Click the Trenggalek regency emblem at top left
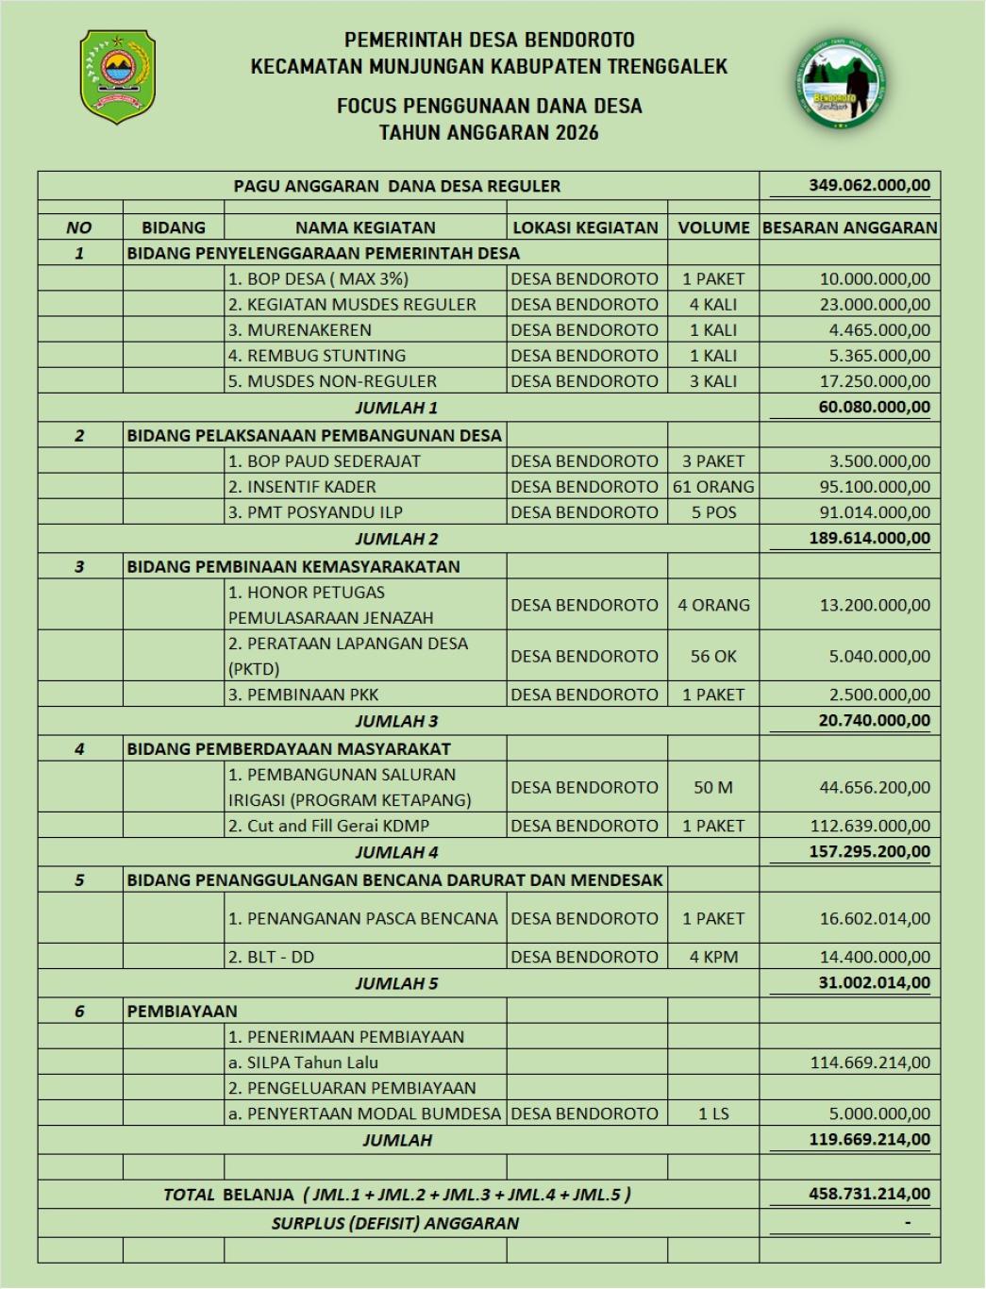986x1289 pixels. (x=117, y=77)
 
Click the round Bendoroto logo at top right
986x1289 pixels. (x=839, y=84)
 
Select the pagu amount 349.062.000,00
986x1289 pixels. (x=869, y=185)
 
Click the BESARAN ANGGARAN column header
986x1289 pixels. (x=849, y=227)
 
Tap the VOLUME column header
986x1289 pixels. (x=713, y=227)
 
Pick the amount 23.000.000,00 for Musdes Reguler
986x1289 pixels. (x=875, y=305)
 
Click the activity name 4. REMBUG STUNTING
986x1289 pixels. (x=317, y=356)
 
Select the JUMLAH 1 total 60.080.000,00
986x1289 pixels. (x=869, y=407)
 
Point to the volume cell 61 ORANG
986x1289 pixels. (x=713, y=487)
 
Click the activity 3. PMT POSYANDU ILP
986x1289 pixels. (x=315, y=512)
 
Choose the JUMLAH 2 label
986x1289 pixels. (x=396, y=539)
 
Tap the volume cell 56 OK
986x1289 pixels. (x=713, y=657)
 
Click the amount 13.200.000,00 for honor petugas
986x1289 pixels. (x=875, y=605)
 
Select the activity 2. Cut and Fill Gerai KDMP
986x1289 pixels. (x=328, y=826)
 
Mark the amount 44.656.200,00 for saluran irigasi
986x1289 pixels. (x=875, y=787)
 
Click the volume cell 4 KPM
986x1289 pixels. (x=713, y=957)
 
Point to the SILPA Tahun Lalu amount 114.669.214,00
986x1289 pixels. (x=870, y=1063)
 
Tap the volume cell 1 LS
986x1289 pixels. (x=713, y=1113)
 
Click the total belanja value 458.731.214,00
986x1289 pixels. (x=869, y=1194)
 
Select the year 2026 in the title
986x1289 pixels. (x=577, y=133)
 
